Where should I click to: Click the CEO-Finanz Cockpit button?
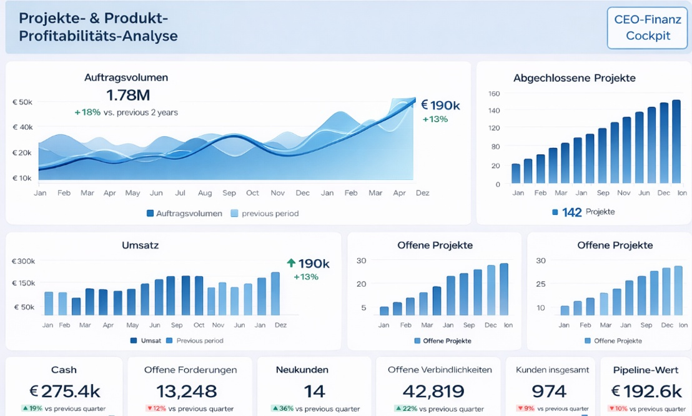coord(647,27)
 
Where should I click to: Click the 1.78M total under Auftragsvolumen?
coord(128,95)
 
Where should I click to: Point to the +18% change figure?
coord(87,112)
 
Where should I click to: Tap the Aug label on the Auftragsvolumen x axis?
coord(205,193)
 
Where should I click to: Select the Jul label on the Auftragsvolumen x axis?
coord(180,193)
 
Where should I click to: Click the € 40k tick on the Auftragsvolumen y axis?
coord(22,127)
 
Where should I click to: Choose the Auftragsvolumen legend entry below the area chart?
coord(184,213)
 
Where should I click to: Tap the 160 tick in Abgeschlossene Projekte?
coord(494,94)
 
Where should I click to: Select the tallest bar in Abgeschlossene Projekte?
coord(676,141)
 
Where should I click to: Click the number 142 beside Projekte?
coord(571,212)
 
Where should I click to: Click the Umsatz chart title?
coord(140,245)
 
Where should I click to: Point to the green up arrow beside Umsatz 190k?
coord(291,263)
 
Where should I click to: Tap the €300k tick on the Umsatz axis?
coord(23,261)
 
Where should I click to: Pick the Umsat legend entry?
coord(146,340)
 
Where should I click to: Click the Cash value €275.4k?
coord(65,391)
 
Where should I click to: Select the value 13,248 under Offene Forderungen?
coord(187,391)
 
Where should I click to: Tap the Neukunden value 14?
coord(314,391)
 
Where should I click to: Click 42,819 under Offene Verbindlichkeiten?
coord(433,391)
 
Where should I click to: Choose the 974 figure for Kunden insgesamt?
coord(548,391)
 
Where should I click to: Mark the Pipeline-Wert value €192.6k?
coord(646,391)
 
